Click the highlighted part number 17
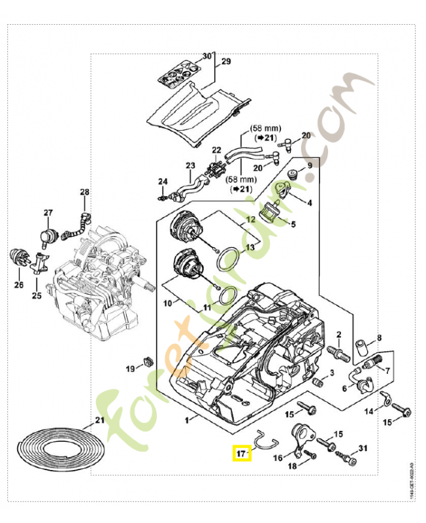pyautogui.click(x=242, y=452)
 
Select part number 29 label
pyautogui.click(x=226, y=62)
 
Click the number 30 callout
pyautogui.click(x=206, y=57)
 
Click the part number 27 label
pyautogui.click(x=48, y=213)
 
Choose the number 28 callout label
pyautogui.click(x=84, y=192)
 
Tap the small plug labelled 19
pyautogui.click(x=147, y=360)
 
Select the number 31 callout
pyautogui.click(x=363, y=448)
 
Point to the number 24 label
pyautogui.click(x=163, y=181)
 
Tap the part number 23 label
pyautogui.click(x=190, y=165)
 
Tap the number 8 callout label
pyautogui.click(x=378, y=338)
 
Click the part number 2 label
pyautogui.click(x=339, y=335)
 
